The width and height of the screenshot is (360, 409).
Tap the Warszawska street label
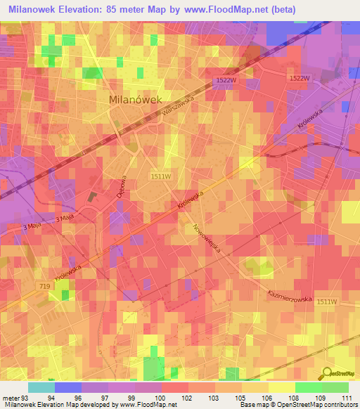[176, 111]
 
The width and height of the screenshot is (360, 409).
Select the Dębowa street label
[120, 186]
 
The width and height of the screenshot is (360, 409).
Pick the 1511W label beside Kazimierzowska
[326, 301]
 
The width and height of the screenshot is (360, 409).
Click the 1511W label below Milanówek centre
[160, 176]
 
